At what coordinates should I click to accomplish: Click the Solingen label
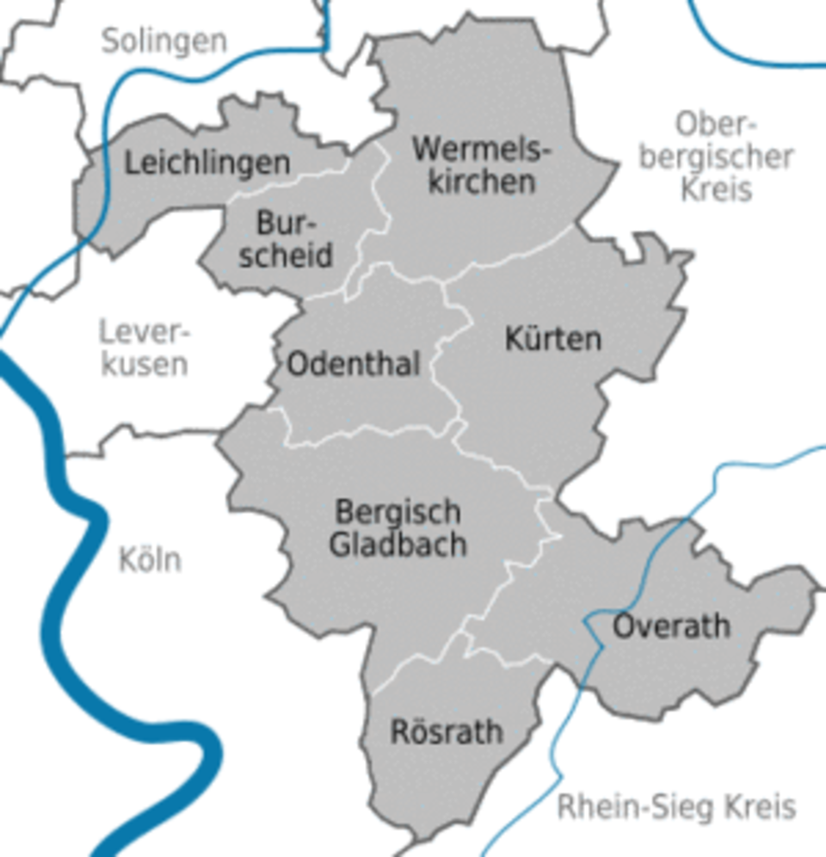click(x=164, y=40)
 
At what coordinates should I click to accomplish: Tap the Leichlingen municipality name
click(x=207, y=163)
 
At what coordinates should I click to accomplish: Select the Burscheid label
click(x=287, y=240)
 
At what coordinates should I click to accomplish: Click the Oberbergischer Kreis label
click(x=717, y=157)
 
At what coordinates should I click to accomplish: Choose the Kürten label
click(x=552, y=339)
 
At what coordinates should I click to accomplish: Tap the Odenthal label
click(x=354, y=365)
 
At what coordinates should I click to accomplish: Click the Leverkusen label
click(x=145, y=347)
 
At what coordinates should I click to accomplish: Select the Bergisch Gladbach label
click(x=398, y=528)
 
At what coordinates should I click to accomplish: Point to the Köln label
click(x=150, y=560)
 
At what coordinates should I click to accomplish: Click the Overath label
click(x=671, y=626)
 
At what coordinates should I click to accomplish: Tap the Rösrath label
click(x=447, y=732)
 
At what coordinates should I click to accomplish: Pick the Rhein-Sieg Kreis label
click(x=676, y=807)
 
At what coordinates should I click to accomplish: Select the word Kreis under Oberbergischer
click(x=717, y=188)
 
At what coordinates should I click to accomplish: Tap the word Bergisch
click(x=398, y=513)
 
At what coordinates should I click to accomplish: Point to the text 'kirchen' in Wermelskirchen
click(x=482, y=182)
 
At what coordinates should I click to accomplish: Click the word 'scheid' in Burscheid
click(x=287, y=256)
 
